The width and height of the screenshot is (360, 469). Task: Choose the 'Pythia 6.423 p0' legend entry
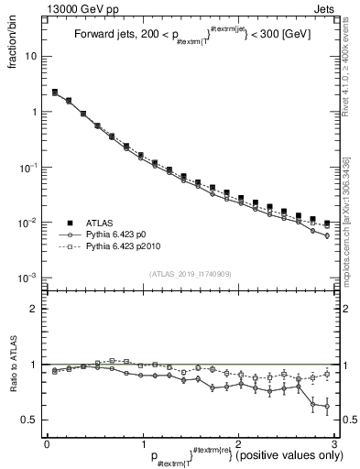click(119, 234)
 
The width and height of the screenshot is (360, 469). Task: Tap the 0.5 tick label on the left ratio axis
click(28, 420)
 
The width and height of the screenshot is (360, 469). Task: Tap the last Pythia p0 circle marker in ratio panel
click(326, 407)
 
